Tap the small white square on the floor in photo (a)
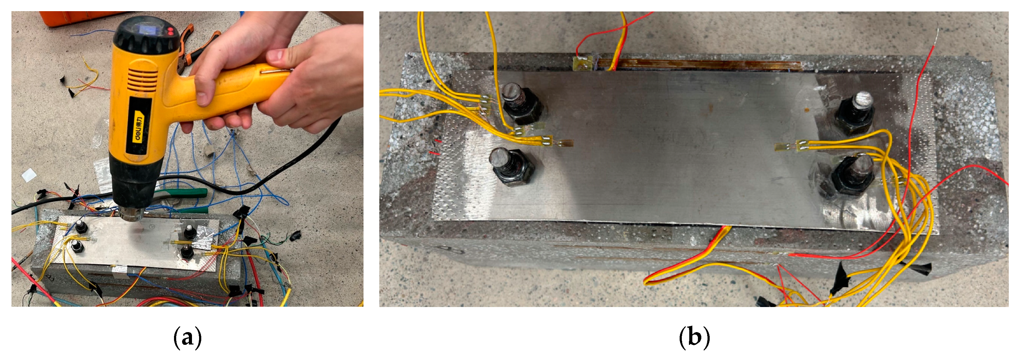(29, 175)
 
